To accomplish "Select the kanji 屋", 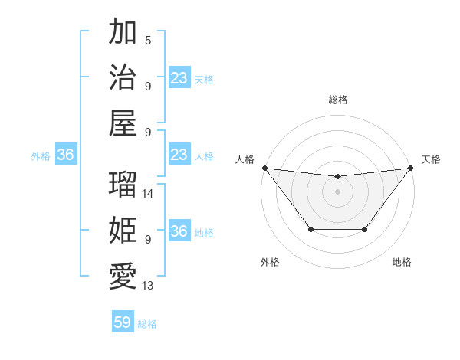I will point(123,123).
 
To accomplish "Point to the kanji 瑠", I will point(123,185).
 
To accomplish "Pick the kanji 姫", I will point(123,231).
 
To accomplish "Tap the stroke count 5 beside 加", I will point(148,41).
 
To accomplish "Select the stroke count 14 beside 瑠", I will point(149,194).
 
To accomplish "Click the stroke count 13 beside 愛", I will point(149,286).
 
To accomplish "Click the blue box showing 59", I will point(122,322).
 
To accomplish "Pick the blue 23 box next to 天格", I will point(179,78).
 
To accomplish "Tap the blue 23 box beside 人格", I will point(179,155).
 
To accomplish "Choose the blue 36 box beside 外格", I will point(65,155).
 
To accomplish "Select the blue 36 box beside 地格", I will point(179,232).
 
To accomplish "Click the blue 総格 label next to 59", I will point(148,324).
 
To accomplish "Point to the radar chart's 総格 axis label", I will point(337,100).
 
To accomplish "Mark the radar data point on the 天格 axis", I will point(410,168).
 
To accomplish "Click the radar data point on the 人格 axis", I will point(264,168).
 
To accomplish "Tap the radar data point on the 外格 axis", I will point(310,229).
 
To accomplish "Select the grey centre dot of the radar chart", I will point(337,191).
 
